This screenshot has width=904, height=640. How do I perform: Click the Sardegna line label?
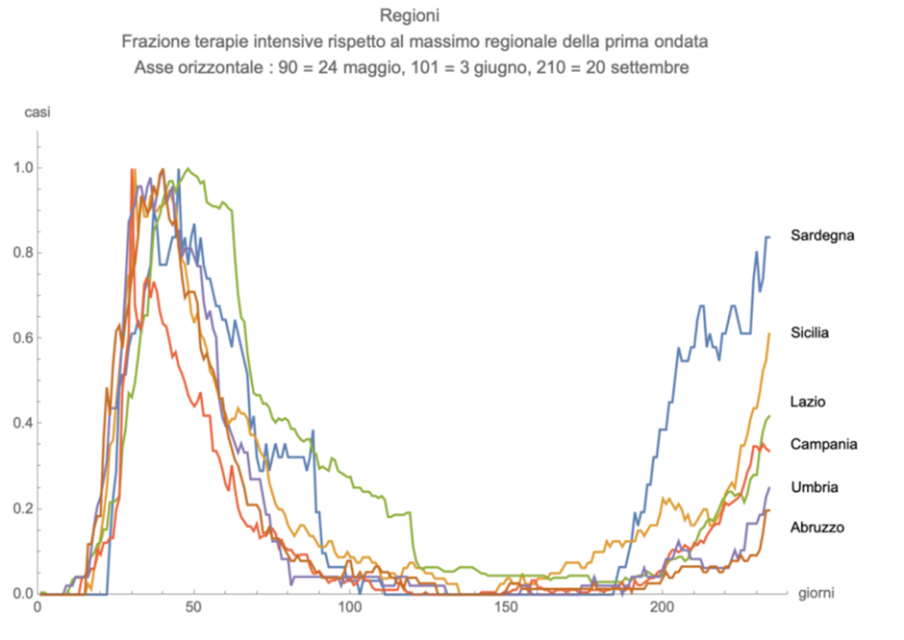point(822,235)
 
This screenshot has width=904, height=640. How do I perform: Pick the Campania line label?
point(823,444)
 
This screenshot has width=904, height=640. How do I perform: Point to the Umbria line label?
point(814,487)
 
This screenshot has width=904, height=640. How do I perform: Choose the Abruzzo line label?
point(817,527)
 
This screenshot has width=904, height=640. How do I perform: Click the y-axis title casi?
point(37,112)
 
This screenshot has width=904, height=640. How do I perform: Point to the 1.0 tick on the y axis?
point(20,168)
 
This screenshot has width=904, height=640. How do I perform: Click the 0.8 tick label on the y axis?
point(20,253)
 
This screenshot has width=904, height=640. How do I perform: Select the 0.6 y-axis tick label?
point(20,338)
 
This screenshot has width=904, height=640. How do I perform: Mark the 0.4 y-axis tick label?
point(20,424)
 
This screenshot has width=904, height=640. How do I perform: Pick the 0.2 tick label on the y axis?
point(20,508)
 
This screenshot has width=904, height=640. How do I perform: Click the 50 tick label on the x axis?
point(193,609)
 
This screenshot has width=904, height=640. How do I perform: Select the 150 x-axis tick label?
point(506,609)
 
